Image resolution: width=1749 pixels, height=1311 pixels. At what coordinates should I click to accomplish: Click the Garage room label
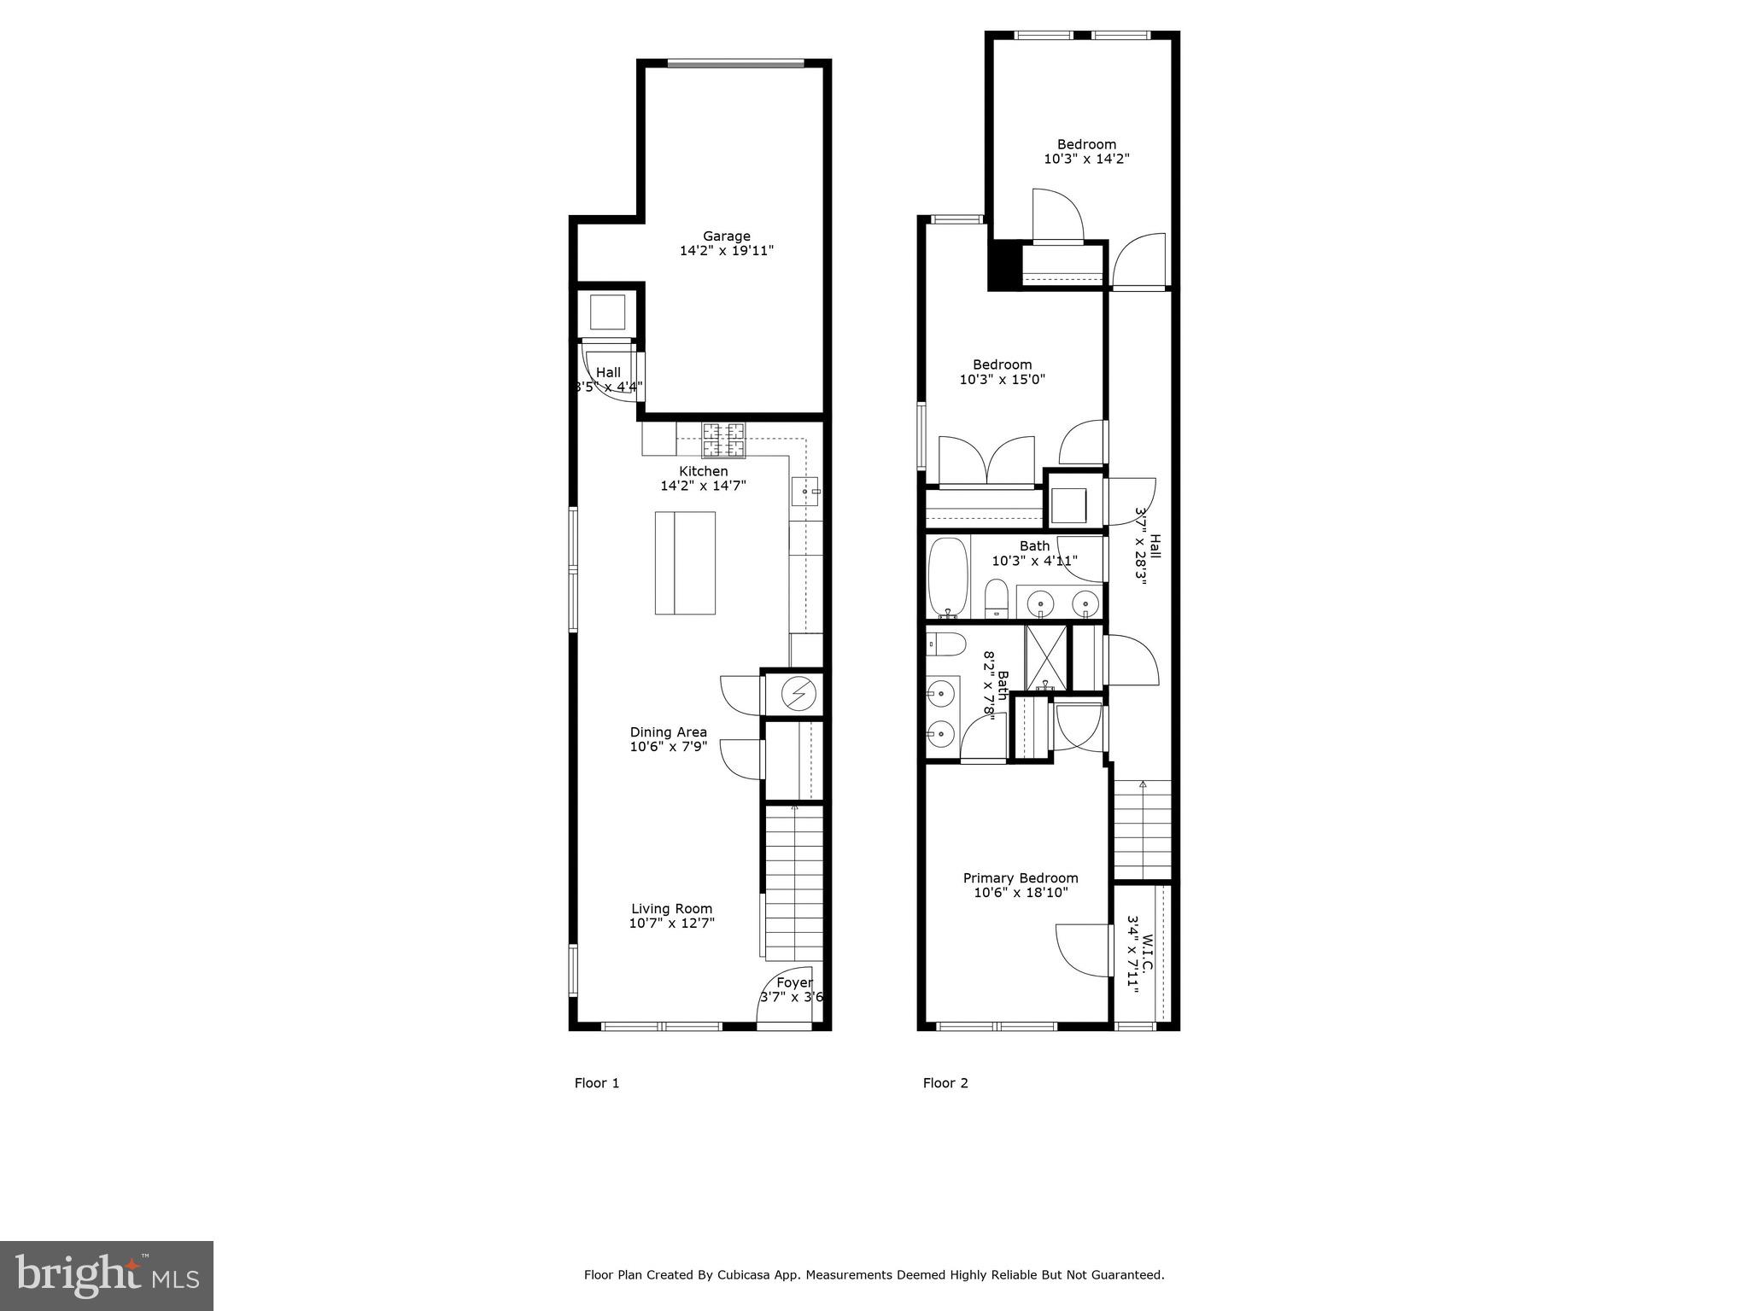[x=727, y=236]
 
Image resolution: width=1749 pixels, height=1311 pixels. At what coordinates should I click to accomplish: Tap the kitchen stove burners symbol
[x=723, y=441]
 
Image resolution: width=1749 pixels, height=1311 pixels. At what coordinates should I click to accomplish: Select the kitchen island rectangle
[x=685, y=563]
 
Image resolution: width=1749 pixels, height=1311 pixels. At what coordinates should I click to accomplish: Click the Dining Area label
[x=668, y=732]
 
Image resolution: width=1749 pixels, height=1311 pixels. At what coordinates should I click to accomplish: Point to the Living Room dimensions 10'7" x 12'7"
[x=671, y=924]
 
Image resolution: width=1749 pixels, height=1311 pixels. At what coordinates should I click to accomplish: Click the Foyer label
[x=794, y=983]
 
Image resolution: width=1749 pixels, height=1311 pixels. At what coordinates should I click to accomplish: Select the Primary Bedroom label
[x=1021, y=878]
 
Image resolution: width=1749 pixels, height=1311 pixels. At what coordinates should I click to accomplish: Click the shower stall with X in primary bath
[x=1047, y=658]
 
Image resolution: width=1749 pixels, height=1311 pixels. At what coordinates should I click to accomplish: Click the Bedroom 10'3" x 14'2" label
[x=1086, y=144]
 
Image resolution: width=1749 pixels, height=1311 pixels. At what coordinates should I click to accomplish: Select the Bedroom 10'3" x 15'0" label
[x=1003, y=365]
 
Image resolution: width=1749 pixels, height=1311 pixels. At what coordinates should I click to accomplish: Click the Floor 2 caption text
[x=945, y=1083]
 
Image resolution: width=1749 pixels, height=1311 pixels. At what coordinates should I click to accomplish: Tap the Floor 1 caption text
[x=596, y=1083]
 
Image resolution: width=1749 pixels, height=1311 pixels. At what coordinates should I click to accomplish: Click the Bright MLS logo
[x=107, y=1275]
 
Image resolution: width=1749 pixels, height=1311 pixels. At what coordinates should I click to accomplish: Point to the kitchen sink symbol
[x=804, y=492]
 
